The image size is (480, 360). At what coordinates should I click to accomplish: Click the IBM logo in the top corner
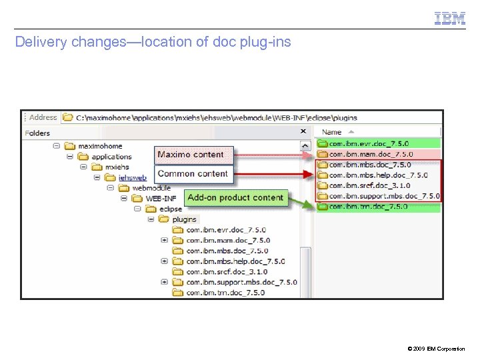click(x=450, y=19)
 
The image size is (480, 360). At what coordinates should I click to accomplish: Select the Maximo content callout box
click(x=191, y=155)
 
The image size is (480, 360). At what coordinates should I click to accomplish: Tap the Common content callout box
click(x=193, y=174)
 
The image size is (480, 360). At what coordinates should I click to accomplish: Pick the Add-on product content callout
click(x=235, y=197)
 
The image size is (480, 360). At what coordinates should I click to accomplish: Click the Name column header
click(x=331, y=133)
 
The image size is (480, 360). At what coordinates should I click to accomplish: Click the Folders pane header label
click(x=37, y=133)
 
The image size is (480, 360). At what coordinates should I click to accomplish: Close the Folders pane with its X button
click(x=303, y=132)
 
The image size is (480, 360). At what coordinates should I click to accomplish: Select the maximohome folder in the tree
click(x=100, y=146)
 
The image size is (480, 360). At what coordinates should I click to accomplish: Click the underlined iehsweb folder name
click(x=133, y=177)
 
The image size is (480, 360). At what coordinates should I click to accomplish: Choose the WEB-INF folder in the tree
click(x=161, y=198)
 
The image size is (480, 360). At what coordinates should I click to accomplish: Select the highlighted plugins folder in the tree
click(x=185, y=219)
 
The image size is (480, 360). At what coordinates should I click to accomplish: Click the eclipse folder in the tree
click(x=171, y=209)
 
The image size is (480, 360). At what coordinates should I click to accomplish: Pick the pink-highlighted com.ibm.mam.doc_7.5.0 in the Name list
click(x=371, y=154)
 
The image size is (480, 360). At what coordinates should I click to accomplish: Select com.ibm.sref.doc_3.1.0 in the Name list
click(x=369, y=185)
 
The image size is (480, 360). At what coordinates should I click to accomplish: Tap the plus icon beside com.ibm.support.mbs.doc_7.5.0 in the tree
click(x=164, y=282)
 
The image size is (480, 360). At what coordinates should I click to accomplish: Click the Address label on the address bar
click(x=43, y=117)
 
